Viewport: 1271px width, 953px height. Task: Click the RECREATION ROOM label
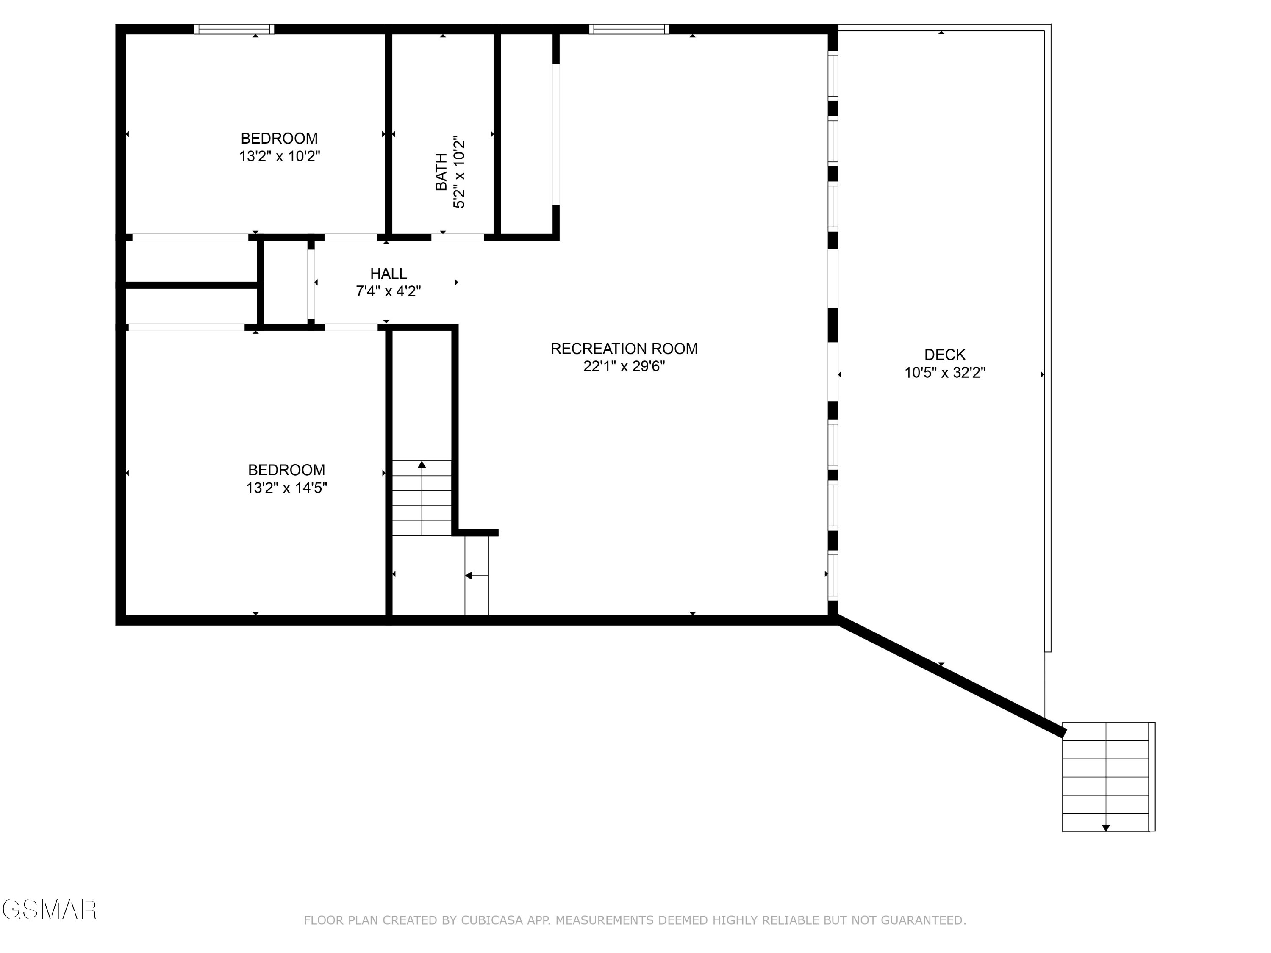(x=624, y=349)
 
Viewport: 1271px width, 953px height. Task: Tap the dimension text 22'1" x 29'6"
(x=624, y=366)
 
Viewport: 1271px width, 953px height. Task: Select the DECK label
(x=945, y=355)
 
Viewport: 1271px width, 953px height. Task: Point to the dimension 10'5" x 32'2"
(x=945, y=373)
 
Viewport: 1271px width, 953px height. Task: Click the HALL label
(x=389, y=274)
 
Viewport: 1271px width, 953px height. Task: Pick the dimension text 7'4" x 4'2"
(x=389, y=292)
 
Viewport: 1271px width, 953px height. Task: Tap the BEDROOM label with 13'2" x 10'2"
(x=279, y=139)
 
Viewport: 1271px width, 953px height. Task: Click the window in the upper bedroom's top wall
(x=234, y=29)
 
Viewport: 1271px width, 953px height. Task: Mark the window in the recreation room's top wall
(x=629, y=29)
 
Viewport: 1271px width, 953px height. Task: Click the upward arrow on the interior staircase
(x=422, y=465)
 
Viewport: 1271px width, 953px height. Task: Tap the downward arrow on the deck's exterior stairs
(x=1105, y=828)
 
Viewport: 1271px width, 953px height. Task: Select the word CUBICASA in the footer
(x=491, y=920)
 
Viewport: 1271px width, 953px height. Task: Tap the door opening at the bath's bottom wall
(x=458, y=237)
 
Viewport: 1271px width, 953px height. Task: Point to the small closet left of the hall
(x=286, y=282)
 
